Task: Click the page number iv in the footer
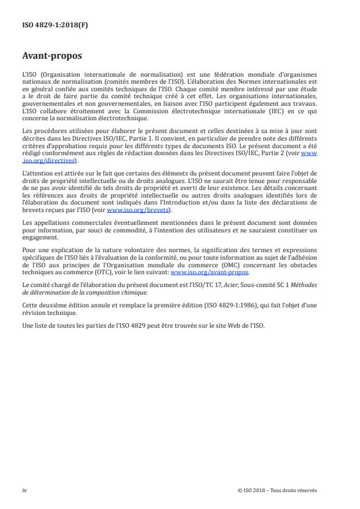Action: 24,490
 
